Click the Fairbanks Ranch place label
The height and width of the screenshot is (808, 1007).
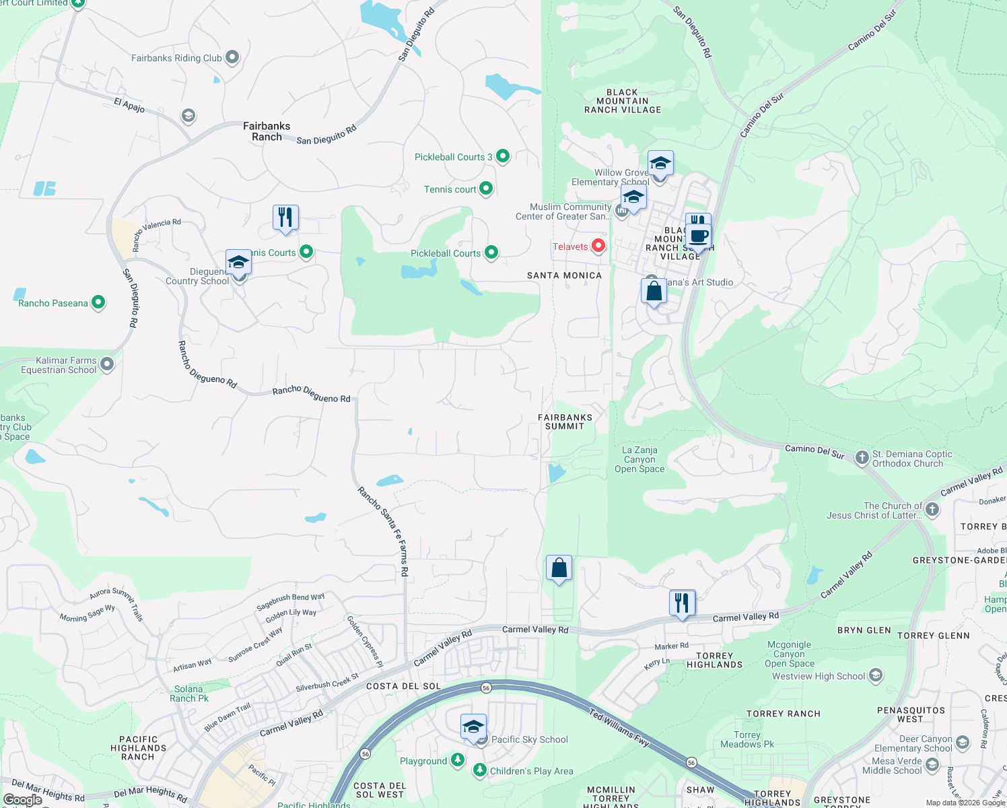267,131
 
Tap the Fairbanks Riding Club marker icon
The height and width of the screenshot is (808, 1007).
232,57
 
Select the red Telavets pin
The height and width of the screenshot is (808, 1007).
598,246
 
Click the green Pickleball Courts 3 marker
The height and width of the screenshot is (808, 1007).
503,156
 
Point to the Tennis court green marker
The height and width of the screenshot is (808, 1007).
486,189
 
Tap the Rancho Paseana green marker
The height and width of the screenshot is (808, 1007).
98,302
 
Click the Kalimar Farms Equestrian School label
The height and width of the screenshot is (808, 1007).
59,365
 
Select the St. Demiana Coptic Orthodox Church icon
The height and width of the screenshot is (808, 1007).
862,458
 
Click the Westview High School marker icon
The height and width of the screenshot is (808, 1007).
876,675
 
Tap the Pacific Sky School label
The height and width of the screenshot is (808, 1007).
529,739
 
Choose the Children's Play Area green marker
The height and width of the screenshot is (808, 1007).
479,770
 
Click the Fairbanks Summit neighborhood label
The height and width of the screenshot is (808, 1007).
565,422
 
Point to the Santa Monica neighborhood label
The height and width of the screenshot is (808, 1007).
564,275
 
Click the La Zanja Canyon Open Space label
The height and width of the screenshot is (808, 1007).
639,460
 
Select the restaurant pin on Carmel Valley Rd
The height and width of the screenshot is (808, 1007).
682,603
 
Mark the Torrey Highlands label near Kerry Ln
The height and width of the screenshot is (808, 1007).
714,660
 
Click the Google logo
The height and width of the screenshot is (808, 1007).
22,800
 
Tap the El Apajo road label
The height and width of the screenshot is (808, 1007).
129,105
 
